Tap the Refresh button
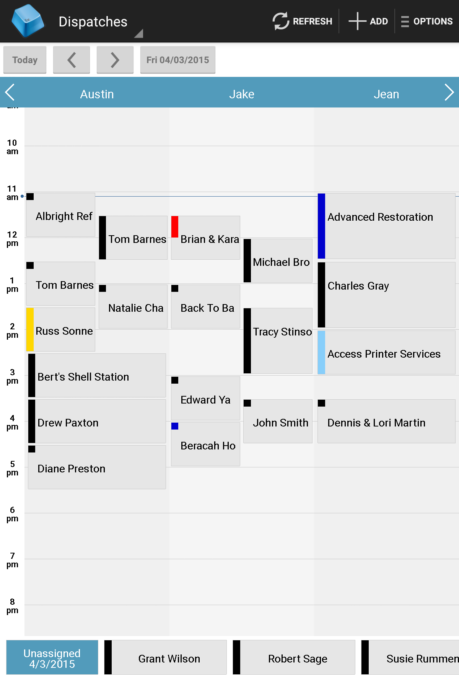302,21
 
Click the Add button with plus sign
368,21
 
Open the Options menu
427,21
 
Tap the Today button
25,60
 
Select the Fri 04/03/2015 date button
177,60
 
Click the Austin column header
97,94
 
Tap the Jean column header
386,94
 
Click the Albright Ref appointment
61,216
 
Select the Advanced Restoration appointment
386,226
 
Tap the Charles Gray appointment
386,295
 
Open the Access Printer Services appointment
386,353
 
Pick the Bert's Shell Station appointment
98,376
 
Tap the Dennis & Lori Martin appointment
386,422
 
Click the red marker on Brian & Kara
175,227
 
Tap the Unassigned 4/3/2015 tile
52,657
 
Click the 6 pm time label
12,514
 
